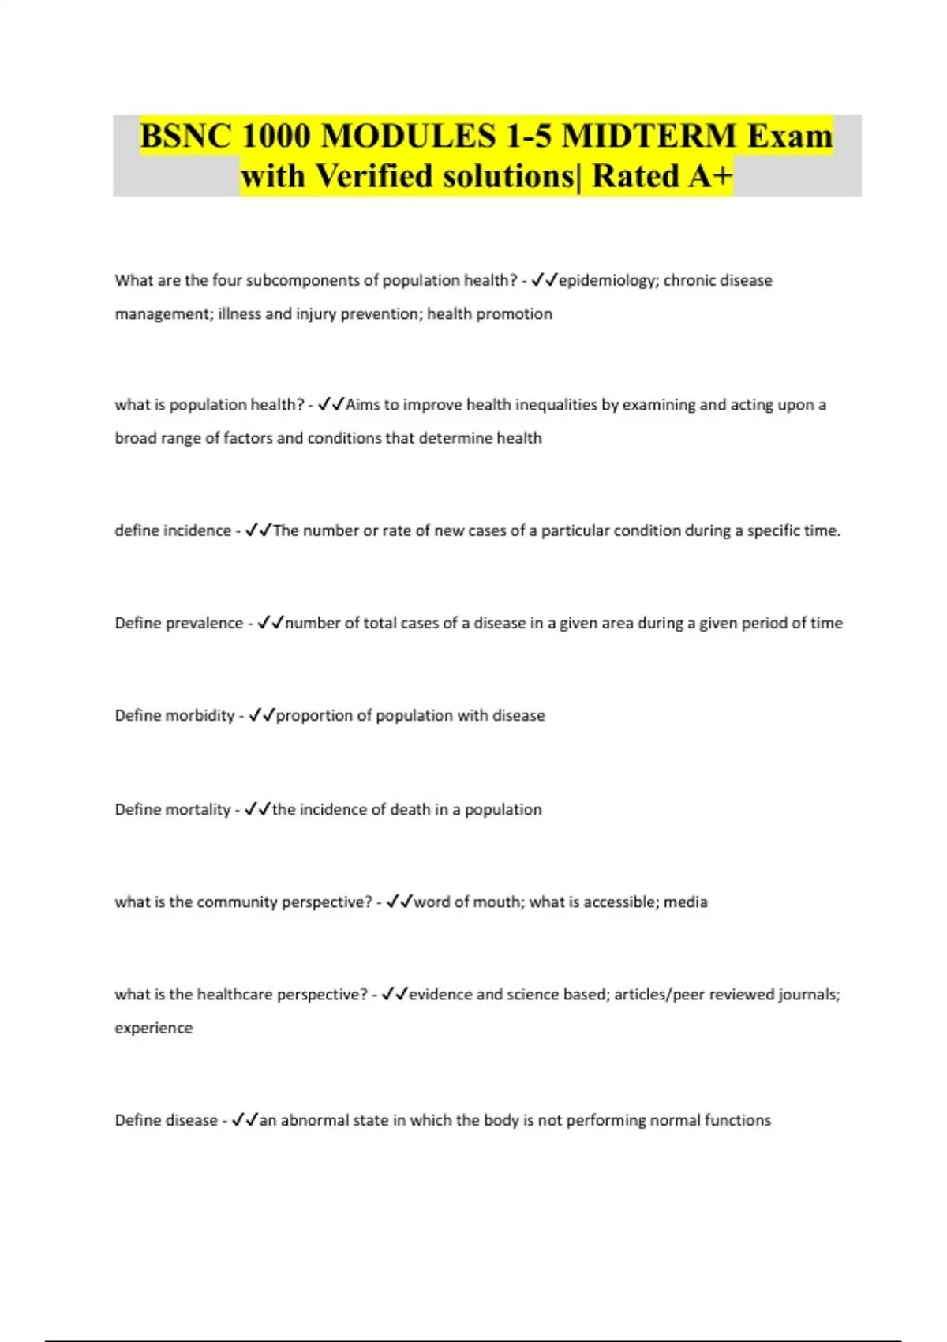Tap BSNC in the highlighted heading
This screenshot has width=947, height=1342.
tap(186, 136)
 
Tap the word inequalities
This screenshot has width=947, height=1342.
tap(556, 405)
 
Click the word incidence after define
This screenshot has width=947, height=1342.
tap(197, 530)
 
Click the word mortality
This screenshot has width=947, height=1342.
tap(195, 809)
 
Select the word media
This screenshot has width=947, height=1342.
tap(686, 902)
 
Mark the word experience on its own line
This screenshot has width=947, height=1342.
tap(154, 1028)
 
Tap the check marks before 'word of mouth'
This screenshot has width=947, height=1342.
tap(399, 902)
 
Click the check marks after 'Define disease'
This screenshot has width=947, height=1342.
tap(245, 1120)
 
